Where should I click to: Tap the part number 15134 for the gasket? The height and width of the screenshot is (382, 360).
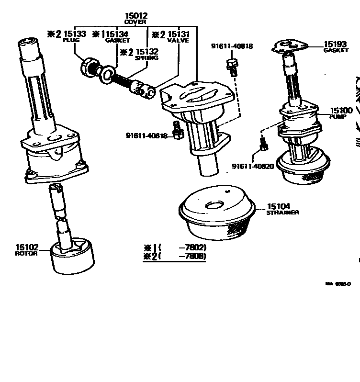(x=117, y=34)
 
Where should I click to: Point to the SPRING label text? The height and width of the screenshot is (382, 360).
(x=146, y=58)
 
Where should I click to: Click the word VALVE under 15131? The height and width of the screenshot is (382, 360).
(x=178, y=41)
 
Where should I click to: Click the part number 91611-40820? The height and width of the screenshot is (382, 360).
(x=253, y=166)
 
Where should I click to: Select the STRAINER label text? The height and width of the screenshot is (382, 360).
(x=282, y=213)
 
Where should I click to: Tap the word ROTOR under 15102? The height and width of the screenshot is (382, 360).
(x=26, y=253)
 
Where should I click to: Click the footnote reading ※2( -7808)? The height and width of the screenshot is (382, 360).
(x=175, y=256)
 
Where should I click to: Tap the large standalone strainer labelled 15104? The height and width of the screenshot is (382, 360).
(x=215, y=215)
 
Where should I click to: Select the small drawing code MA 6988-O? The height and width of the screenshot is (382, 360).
(x=338, y=283)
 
